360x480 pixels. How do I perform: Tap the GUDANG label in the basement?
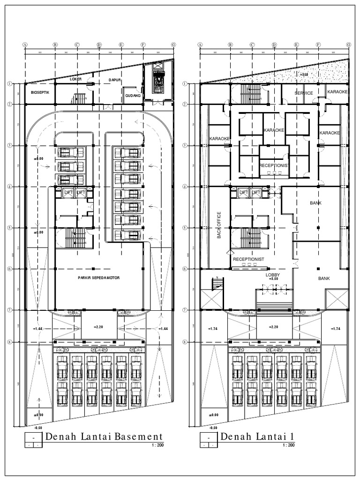(x=133, y=97)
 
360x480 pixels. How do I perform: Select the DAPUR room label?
(x=115, y=80)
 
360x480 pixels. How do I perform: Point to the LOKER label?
(x=75, y=79)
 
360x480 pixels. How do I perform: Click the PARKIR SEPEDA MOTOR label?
(x=99, y=278)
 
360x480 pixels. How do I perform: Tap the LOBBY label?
(x=273, y=275)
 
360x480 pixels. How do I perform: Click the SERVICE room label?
(x=303, y=93)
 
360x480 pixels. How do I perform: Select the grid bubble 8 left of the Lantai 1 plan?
(x=185, y=342)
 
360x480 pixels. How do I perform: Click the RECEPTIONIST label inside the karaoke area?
(x=274, y=165)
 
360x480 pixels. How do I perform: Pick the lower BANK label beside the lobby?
(x=324, y=278)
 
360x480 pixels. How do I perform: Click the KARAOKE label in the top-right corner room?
(x=337, y=92)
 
